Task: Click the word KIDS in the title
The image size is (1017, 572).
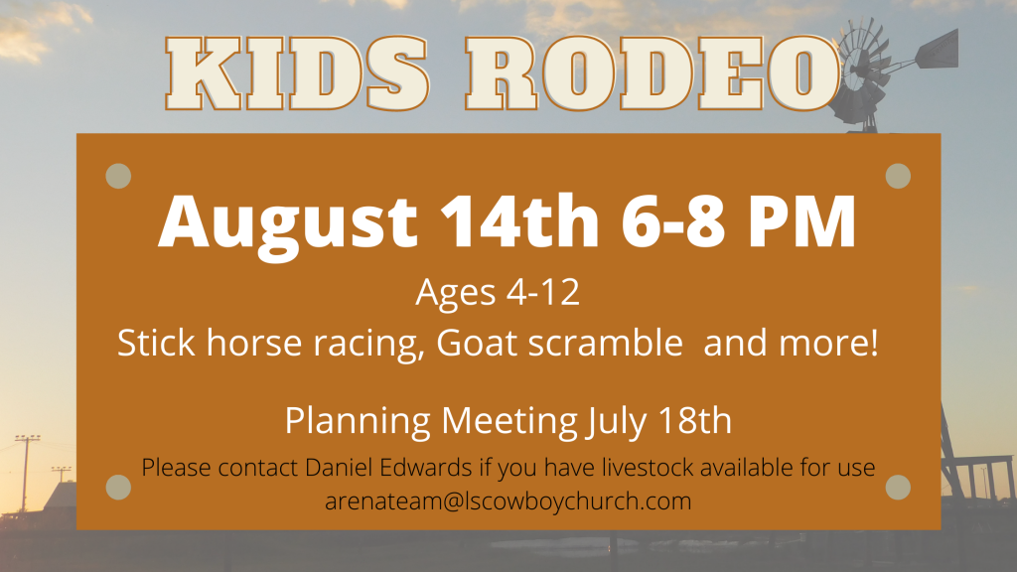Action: point(297,73)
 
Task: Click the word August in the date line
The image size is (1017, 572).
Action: point(289,223)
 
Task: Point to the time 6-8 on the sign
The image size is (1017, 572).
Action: point(672,220)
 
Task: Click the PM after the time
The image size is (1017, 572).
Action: point(802,221)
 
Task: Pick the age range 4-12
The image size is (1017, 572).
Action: point(542,292)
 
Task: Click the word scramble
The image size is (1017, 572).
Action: point(605,342)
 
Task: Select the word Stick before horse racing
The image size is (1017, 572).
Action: point(156,342)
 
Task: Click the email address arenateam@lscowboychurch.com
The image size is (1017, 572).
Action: point(508,500)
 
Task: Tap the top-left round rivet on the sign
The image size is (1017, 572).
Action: point(118,176)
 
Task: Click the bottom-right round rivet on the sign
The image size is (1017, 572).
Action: point(898,487)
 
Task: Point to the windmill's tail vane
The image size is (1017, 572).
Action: point(938,50)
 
